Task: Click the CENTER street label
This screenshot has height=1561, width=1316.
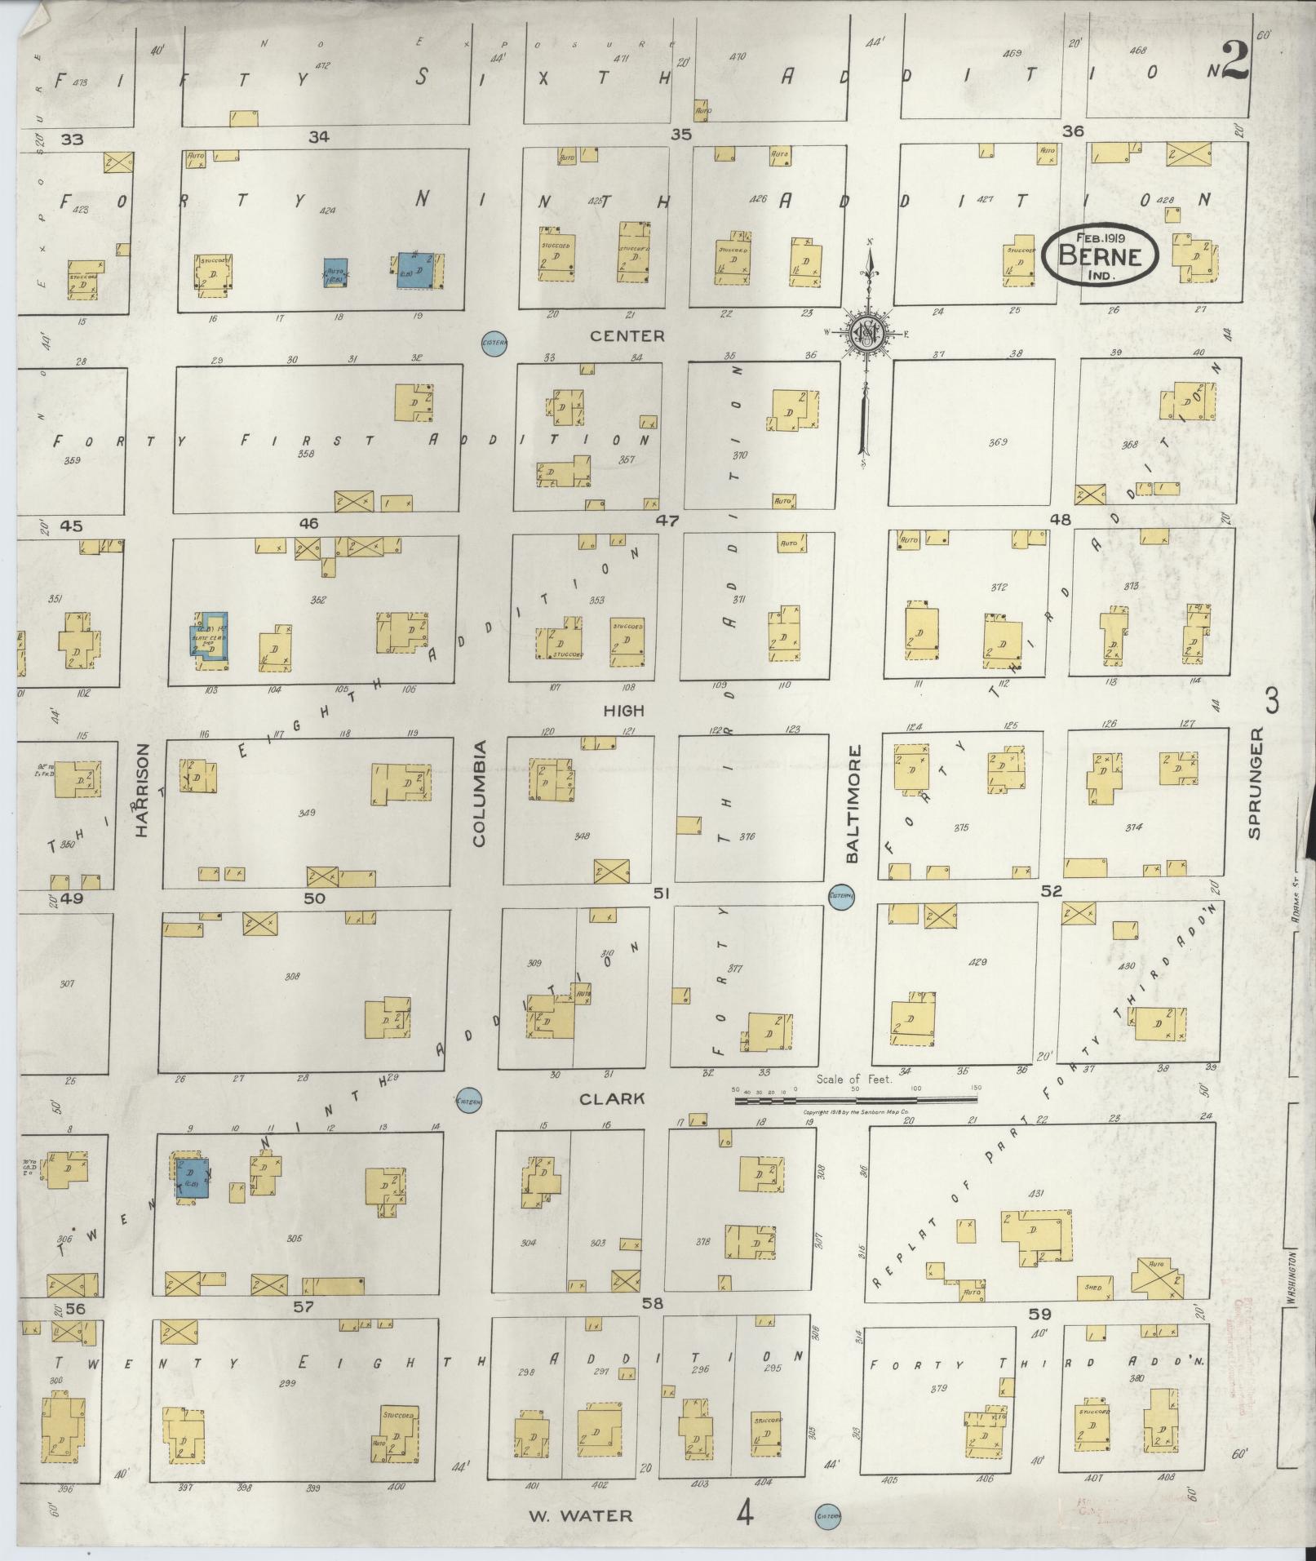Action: pyautogui.click(x=627, y=336)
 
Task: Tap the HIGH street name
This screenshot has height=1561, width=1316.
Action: pyautogui.click(x=623, y=711)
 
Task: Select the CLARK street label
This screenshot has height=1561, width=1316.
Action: pyautogui.click(x=612, y=1098)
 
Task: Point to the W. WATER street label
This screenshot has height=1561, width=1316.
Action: pyautogui.click(x=579, y=1516)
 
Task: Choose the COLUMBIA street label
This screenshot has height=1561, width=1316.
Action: pyautogui.click(x=478, y=793)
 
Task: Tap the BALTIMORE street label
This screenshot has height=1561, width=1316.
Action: pyautogui.click(x=853, y=804)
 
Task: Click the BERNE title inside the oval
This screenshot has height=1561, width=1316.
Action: pyautogui.click(x=1099, y=255)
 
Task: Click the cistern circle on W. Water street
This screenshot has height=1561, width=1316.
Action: pyautogui.click(x=827, y=1516)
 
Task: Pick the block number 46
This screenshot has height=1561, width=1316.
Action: pyautogui.click(x=308, y=523)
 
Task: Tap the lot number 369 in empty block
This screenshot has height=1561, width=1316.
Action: pyautogui.click(x=997, y=442)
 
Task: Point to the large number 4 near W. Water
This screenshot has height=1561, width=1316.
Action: pyautogui.click(x=743, y=1514)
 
